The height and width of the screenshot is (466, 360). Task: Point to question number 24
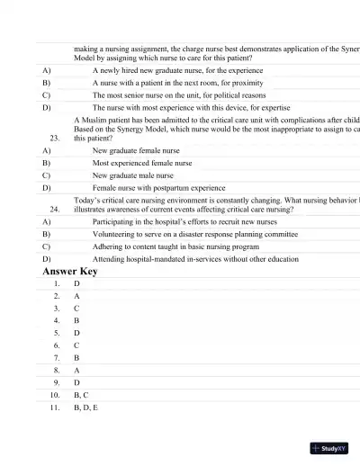tap(56, 207)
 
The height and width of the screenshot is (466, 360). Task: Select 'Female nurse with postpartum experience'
tap(158, 189)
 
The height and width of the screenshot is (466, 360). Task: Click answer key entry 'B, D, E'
tap(85, 408)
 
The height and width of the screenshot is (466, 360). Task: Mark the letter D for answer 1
tap(77, 283)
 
